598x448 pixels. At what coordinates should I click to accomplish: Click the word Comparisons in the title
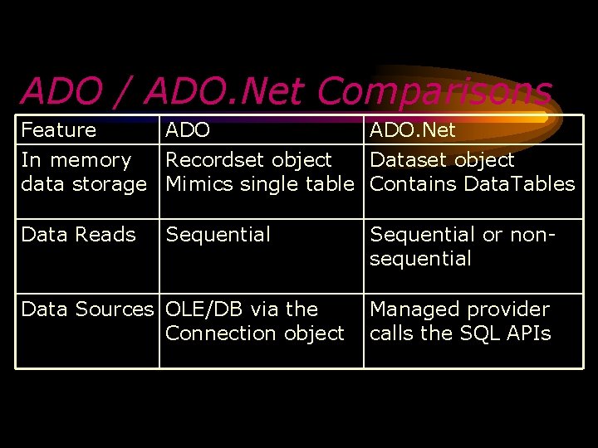point(434,91)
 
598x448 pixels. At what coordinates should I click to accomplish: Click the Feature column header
point(58,130)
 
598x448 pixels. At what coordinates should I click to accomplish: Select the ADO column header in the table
point(188,130)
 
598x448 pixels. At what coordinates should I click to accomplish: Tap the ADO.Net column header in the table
point(413,130)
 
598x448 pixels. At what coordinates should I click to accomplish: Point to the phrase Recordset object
point(248,159)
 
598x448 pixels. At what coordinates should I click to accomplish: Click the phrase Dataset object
point(442,159)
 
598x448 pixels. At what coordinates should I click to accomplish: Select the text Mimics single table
point(260,183)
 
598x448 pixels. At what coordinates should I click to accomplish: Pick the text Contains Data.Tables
point(472,183)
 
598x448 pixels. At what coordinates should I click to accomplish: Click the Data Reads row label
point(78,235)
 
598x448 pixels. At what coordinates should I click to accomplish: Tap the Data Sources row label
point(87,309)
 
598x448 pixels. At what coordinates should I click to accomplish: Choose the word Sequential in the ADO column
point(218,235)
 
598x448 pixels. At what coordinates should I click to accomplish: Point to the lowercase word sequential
point(420,259)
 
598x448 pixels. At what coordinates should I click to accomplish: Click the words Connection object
point(254,334)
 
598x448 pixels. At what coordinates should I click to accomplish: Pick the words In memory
point(76,159)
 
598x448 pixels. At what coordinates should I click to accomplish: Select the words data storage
point(83,183)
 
